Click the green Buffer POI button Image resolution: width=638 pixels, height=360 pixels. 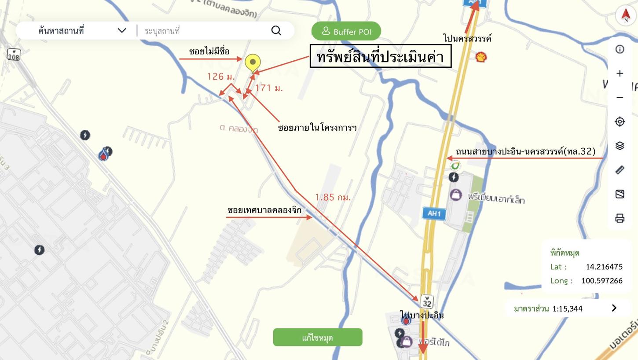pos(346,31)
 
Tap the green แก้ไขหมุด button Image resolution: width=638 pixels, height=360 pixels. pos(317,338)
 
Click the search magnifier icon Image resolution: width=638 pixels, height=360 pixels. pos(276,30)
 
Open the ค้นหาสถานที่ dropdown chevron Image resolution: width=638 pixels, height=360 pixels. pos(122,30)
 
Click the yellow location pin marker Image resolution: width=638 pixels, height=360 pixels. pos(253,63)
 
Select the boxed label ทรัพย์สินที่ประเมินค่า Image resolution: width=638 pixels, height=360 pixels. pos(380,56)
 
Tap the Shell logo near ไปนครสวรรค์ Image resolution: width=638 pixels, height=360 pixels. pos(481,57)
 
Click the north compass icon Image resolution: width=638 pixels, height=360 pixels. pos(626,15)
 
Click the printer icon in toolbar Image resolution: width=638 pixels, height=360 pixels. pos(620,218)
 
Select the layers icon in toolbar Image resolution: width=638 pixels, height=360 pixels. pos(620,146)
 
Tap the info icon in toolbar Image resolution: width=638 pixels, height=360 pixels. pos(620,49)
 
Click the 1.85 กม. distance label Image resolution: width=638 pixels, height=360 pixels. pos(333,198)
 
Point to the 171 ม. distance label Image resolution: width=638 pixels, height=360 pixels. pos(269,88)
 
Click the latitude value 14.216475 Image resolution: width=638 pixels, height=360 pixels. pos(604,267)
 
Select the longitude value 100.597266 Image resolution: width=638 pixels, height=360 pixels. pos(601,281)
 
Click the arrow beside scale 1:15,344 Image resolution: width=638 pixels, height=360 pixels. pos(614,308)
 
